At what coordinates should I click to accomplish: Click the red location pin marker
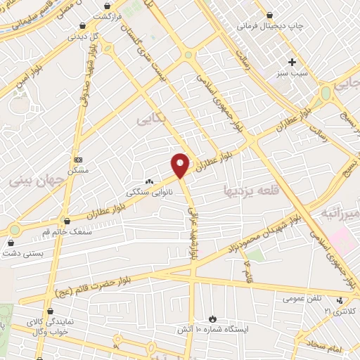point(180,165)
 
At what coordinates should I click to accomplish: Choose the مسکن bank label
point(78,170)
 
